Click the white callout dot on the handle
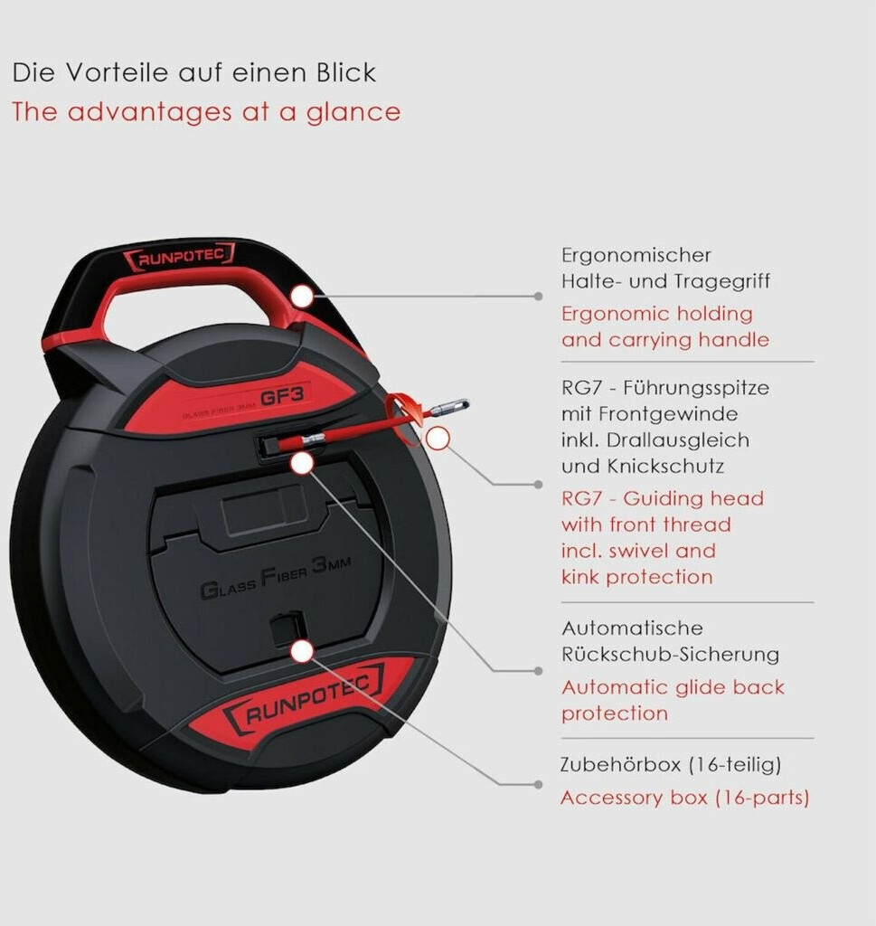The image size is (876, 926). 301,296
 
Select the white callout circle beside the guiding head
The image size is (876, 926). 438,439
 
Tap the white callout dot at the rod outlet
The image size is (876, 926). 302,463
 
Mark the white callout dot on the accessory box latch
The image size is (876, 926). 302,650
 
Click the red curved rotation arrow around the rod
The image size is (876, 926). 404,418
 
